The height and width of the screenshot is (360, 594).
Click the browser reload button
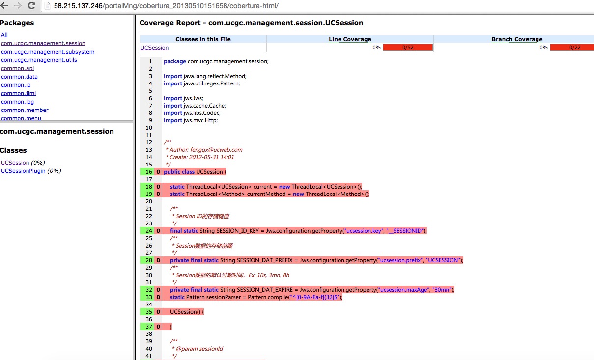pyautogui.click(x=32, y=5)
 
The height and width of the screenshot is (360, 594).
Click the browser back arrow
pyautogui.click(x=4, y=5)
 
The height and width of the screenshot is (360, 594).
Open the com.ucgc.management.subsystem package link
pyautogui.click(x=48, y=52)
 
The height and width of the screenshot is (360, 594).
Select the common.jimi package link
pyautogui.click(x=18, y=93)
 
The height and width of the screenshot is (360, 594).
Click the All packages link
pyautogui.click(x=4, y=35)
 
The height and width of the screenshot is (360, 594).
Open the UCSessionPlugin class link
pyautogui.click(x=23, y=171)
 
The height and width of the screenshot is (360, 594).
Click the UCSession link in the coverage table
pyautogui.click(x=154, y=48)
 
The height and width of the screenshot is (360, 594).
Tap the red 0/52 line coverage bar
pyautogui.click(x=408, y=48)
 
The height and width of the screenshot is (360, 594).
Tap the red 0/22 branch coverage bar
pyautogui.click(x=572, y=48)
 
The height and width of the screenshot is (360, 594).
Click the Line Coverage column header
pyautogui.click(x=350, y=39)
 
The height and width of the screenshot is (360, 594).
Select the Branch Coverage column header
pyautogui.click(x=517, y=39)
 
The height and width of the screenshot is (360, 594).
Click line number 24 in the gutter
pyautogui.click(x=149, y=231)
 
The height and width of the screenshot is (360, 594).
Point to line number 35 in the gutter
pyautogui.click(x=149, y=312)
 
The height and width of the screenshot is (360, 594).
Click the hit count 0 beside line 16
pyautogui.click(x=158, y=172)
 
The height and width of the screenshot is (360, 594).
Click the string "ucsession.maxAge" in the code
pyautogui.click(x=403, y=290)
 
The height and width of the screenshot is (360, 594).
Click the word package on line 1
pyautogui.click(x=175, y=61)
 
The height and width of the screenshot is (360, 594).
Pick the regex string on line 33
pyautogui.click(x=314, y=297)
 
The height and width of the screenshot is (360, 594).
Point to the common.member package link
pyautogui.click(x=25, y=110)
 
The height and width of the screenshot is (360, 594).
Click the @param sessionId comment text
pyautogui.click(x=199, y=349)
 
